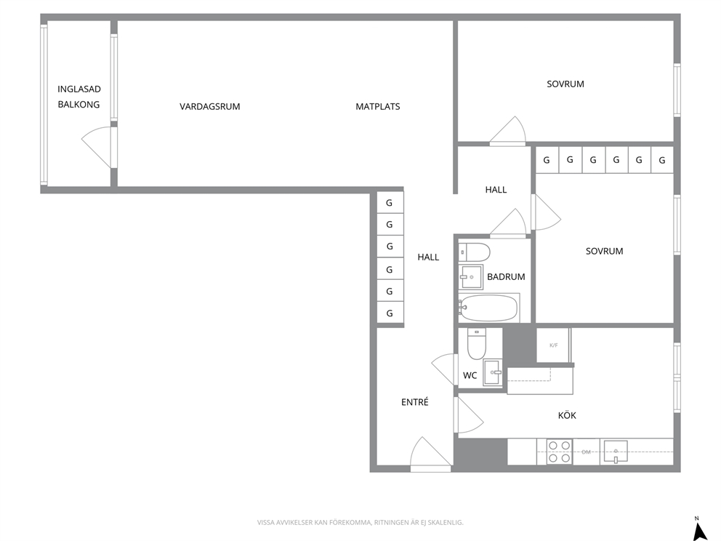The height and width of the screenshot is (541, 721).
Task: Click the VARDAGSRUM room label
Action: pyautogui.click(x=209, y=107)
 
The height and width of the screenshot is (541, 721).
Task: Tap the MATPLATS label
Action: pyautogui.click(x=377, y=107)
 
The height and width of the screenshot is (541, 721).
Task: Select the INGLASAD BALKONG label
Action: pyautogui.click(x=78, y=97)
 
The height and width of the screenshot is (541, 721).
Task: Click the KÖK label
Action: pyautogui.click(x=567, y=415)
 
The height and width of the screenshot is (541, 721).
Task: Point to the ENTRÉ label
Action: pyautogui.click(x=415, y=402)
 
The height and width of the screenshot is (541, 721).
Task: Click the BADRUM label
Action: pyautogui.click(x=506, y=276)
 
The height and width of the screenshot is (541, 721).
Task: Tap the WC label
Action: pyautogui.click(x=470, y=375)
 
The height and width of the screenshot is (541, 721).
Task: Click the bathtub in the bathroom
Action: pyautogui.click(x=489, y=308)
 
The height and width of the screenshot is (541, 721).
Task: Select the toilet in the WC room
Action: pyautogui.click(x=476, y=344)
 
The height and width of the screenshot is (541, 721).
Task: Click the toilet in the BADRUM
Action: pyautogui.click(x=475, y=252)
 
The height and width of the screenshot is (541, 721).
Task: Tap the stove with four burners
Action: pyautogui.click(x=559, y=452)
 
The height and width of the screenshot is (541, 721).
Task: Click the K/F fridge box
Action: pyautogui.click(x=554, y=345)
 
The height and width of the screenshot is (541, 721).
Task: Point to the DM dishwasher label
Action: pyautogui.click(x=586, y=452)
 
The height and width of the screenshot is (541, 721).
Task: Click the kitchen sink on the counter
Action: pyautogui.click(x=616, y=451)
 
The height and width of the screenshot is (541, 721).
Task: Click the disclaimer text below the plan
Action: pyautogui.click(x=360, y=522)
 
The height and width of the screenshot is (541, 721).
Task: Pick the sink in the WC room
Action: pyautogui.click(x=494, y=372)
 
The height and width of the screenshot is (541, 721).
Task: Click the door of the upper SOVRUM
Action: pyautogui.click(x=507, y=131)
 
